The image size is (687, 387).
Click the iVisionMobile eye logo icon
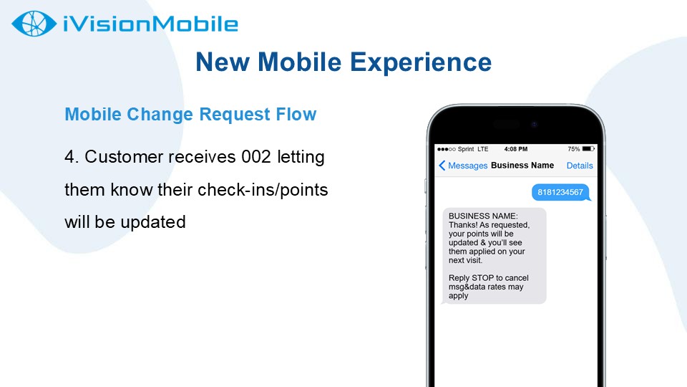34,24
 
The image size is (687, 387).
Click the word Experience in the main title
421,62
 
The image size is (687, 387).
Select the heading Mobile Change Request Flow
190,115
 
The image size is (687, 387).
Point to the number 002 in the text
256,157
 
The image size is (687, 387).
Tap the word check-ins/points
263,190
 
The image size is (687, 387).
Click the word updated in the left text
153,222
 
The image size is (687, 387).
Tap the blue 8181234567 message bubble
560,192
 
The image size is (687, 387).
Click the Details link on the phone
580,166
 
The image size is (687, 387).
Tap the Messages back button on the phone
463,166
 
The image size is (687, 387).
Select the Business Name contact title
522,166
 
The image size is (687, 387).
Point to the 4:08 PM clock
516,149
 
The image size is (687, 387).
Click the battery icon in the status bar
588,149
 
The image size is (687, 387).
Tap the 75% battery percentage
573,149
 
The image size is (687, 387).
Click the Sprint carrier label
466,149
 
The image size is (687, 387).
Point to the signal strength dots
447,149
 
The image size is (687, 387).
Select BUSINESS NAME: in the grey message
483,216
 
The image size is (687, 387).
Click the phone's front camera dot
534,125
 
